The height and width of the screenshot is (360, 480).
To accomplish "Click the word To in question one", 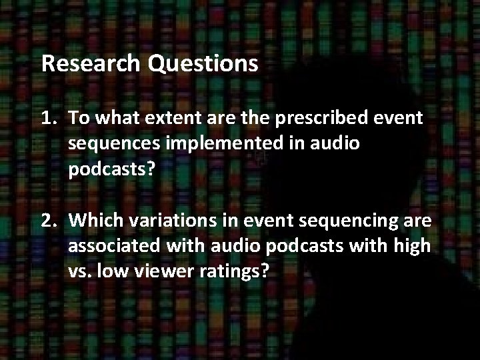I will point(78,119).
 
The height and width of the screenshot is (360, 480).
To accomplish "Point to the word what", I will point(113,119).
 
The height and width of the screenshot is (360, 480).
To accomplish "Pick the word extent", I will point(166,119).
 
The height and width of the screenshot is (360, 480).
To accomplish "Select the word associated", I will point(113,245).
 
